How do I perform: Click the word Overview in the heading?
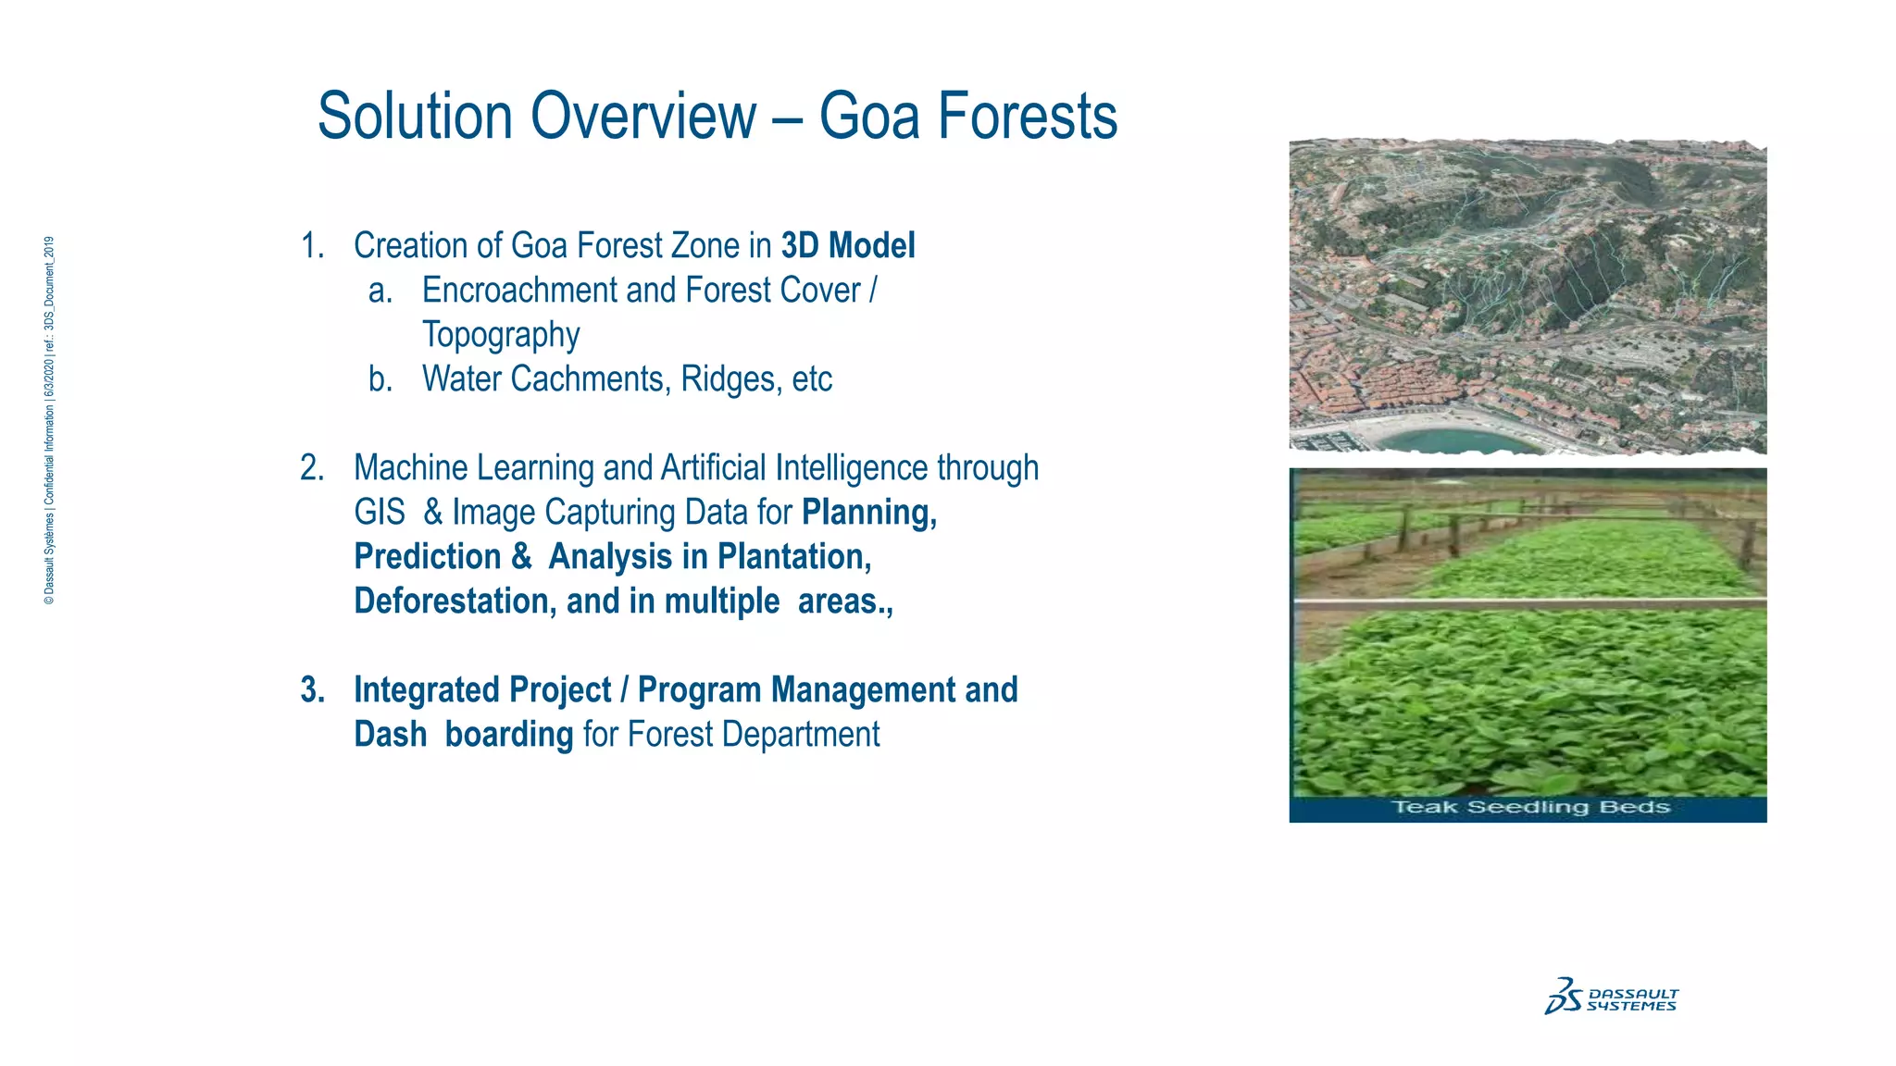click(x=643, y=117)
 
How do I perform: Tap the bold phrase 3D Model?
click(x=848, y=246)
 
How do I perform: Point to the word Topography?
click(x=501, y=335)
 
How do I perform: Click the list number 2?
click(x=312, y=468)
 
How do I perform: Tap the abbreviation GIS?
click(x=380, y=513)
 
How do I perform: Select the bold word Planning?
click(x=869, y=513)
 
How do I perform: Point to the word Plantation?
click(x=794, y=557)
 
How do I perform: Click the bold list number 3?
click(x=312, y=690)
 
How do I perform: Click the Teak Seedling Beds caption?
click(x=1530, y=808)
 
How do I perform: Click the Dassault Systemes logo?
click(x=1611, y=998)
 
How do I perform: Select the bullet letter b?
click(x=380, y=379)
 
